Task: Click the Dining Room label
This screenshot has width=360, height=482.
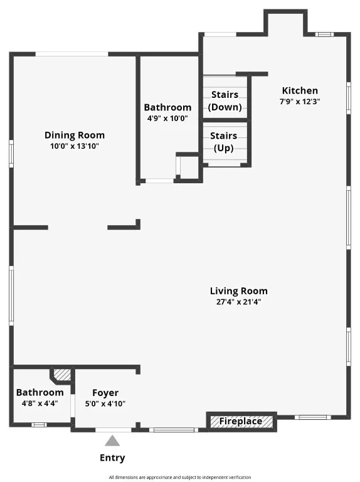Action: click(74, 135)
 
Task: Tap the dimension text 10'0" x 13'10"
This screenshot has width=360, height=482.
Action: click(74, 146)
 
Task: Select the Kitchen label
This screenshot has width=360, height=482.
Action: click(299, 90)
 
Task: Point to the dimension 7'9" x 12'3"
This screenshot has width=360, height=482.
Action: click(299, 101)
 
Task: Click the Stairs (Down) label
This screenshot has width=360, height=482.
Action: click(225, 100)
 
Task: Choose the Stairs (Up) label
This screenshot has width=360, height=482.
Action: click(223, 142)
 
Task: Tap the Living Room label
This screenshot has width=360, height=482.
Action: click(238, 291)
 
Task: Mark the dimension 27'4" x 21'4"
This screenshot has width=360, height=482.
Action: click(238, 301)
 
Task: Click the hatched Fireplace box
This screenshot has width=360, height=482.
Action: click(241, 421)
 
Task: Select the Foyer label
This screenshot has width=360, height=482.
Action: click(105, 393)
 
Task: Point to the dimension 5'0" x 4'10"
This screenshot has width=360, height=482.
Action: click(105, 404)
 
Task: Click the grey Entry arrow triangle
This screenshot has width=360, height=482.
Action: click(112, 441)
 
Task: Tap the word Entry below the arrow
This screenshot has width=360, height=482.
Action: click(112, 458)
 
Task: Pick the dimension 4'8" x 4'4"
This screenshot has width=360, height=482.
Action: click(40, 404)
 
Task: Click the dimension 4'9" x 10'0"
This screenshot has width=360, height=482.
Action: click(167, 118)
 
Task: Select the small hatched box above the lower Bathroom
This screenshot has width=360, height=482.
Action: click(61, 375)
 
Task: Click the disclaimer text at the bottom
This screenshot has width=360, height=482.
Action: click(179, 477)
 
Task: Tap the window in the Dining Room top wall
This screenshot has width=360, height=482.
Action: click(71, 54)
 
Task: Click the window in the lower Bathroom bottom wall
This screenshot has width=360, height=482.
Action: click(39, 425)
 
